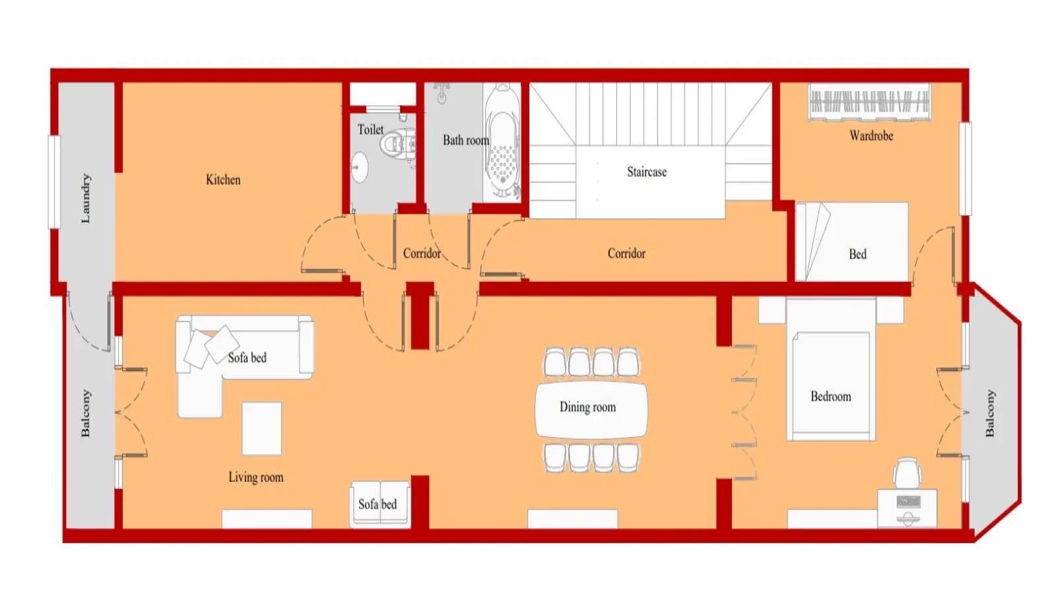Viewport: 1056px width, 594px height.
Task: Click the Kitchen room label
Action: pyautogui.click(x=223, y=180)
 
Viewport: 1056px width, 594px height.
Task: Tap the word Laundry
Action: pyautogui.click(x=85, y=199)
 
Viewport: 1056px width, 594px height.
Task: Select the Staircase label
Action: pyautogui.click(x=647, y=172)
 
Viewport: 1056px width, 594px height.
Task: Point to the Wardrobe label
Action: pyautogui.click(x=871, y=136)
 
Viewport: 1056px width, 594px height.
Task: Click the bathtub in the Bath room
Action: pyautogui.click(x=502, y=142)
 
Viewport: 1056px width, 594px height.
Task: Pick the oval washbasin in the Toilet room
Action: pyautogui.click(x=360, y=167)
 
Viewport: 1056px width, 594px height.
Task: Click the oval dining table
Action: pyautogui.click(x=591, y=410)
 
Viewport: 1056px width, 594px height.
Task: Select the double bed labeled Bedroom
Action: pyautogui.click(x=831, y=369)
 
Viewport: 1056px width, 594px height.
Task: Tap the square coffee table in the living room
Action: pyautogui.click(x=261, y=428)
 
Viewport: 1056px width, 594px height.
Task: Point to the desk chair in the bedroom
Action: pyautogui.click(x=907, y=473)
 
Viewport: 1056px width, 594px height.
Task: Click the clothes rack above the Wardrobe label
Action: pyautogui.click(x=870, y=102)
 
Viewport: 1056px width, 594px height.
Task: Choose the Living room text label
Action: pyautogui.click(x=256, y=478)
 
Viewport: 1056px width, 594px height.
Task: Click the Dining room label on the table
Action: pyautogui.click(x=588, y=407)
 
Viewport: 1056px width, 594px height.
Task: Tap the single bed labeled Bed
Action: pyautogui.click(x=852, y=242)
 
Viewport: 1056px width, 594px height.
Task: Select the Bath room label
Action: pyautogui.click(x=466, y=140)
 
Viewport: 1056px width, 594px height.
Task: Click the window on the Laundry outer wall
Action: pyautogui.click(x=55, y=182)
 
